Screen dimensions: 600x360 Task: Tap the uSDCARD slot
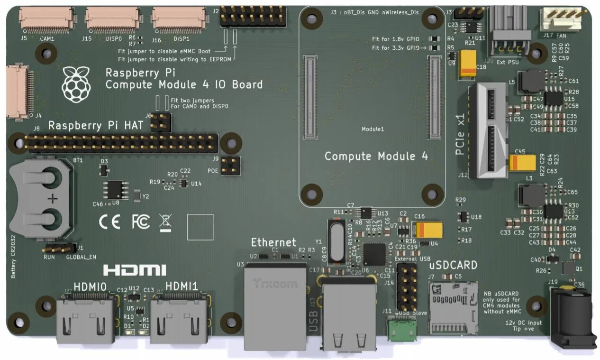[453, 307]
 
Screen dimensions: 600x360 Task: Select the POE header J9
[230, 166]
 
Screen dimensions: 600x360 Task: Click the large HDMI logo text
[135, 270]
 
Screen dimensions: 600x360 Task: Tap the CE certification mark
[109, 221]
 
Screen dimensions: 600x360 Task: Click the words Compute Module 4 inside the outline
[376, 156]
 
